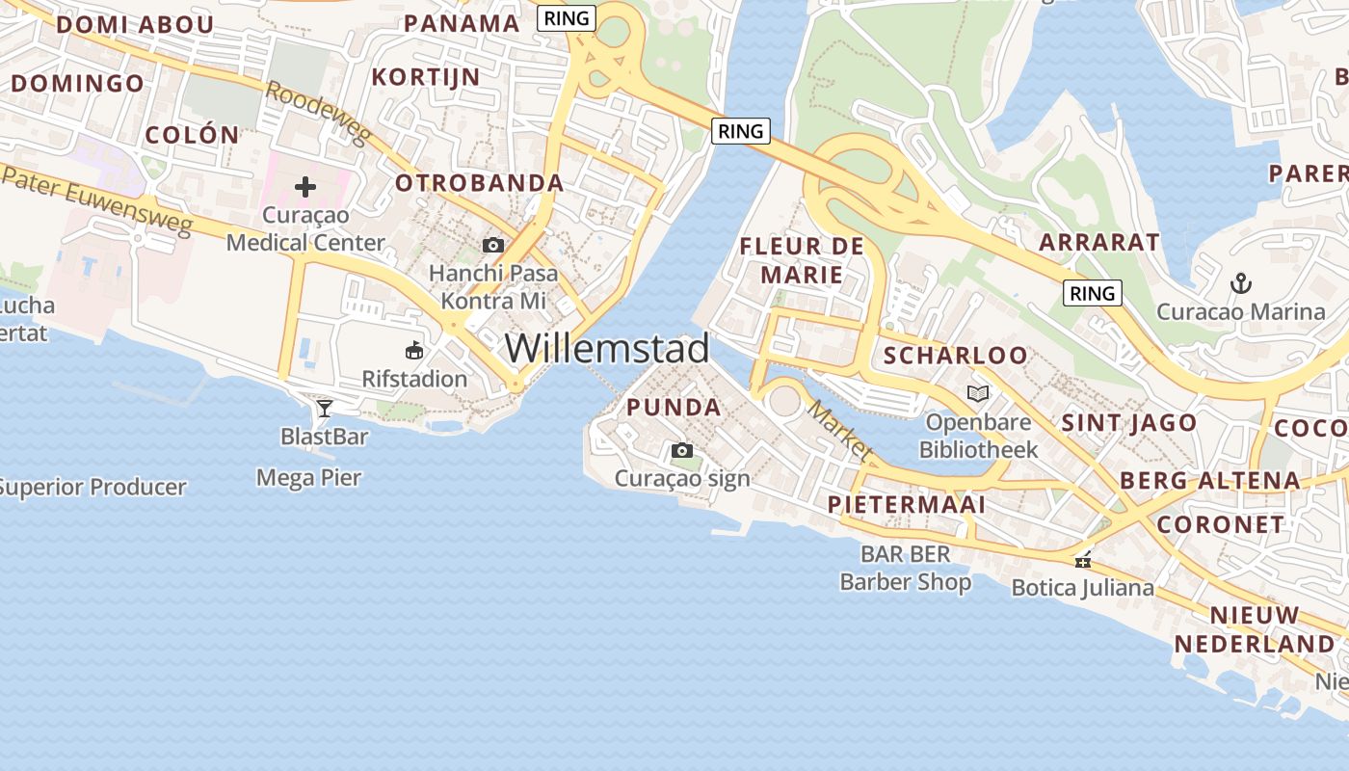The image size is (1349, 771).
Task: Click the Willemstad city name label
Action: (x=606, y=348)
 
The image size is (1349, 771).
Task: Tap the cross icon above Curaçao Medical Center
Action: (x=305, y=186)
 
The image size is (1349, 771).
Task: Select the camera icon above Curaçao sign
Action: (x=681, y=450)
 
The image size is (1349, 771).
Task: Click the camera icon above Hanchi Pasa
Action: (x=493, y=245)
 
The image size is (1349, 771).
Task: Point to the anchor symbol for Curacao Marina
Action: (x=1241, y=283)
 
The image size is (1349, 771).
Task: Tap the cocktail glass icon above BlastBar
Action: (x=325, y=409)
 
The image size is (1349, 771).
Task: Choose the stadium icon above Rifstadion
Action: (x=414, y=350)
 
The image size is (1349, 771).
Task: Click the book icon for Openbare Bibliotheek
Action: (x=978, y=393)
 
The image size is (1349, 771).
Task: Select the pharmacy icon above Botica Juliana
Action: (x=1083, y=559)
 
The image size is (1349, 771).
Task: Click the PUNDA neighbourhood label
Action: (x=674, y=407)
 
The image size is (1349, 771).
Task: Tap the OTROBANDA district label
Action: (x=479, y=182)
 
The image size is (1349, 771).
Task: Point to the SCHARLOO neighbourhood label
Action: (x=955, y=355)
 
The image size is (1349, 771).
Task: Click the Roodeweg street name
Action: (x=318, y=113)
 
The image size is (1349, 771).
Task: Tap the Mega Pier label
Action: (x=308, y=477)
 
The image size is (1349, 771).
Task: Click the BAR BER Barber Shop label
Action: (x=905, y=568)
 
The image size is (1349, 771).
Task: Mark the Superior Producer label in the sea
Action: (x=93, y=487)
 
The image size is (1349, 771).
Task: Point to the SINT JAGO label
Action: (x=1128, y=422)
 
